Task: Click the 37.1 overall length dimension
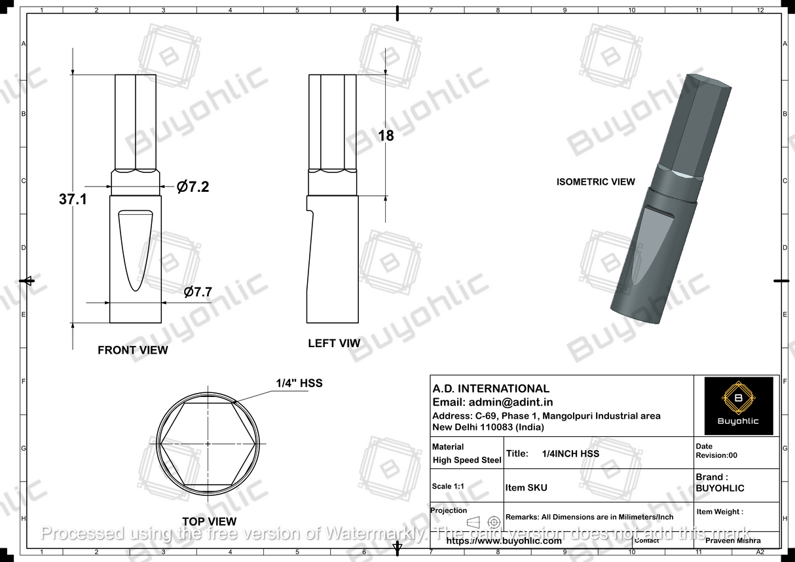point(73,199)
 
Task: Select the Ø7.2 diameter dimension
point(193,187)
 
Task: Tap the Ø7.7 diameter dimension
point(198,292)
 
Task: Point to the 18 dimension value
point(386,136)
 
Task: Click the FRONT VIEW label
point(133,350)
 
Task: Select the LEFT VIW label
point(334,343)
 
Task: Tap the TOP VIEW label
point(209,521)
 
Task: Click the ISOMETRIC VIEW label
point(596,181)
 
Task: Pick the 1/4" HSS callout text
point(299,383)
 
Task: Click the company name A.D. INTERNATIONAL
point(491,388)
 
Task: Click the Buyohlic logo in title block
point(738,405)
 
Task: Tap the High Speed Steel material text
point(467,460)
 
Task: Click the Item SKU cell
point(527,487)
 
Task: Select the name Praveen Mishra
point(733,541)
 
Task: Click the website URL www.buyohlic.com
point(504,541)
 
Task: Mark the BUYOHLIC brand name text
point(720,488)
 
